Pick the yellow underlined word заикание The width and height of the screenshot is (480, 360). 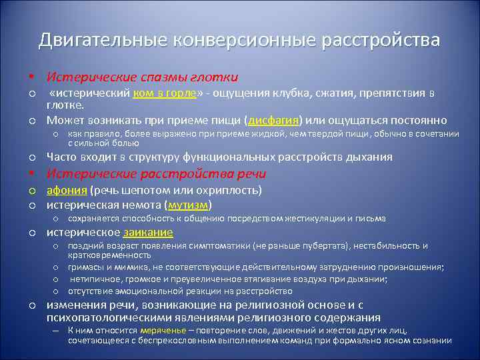[x=148, y=232]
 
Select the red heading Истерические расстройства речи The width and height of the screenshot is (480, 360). [x=155, y=174]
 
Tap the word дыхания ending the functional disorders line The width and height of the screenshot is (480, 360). [x=371, y=157]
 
